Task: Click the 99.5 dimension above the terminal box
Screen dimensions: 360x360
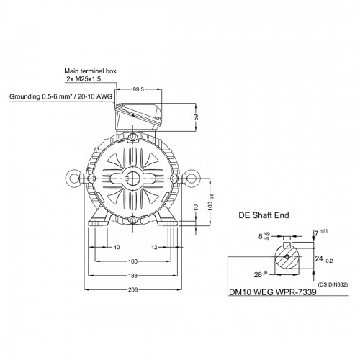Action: click(x=138, y=89)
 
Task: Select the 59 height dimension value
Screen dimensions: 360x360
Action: click(x=197, y=117)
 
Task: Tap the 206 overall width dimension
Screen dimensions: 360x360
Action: click(x=132, y=289)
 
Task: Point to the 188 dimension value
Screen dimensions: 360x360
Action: click(x=132, y=276)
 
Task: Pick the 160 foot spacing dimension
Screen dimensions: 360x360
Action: click(x=132, y=261)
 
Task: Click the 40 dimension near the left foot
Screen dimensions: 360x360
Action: click(x=117, y=247)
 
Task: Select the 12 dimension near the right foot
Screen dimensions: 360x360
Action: click(x=154, y=247)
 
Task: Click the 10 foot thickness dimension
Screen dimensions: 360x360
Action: click(x=196, y=207)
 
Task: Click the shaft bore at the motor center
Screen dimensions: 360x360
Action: click(x=132, y=178)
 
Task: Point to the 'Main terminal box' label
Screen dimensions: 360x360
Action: click(x=90, y=71)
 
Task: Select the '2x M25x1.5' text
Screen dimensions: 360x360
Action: click(x=84, y=78)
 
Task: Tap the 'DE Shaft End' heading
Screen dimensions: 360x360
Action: click(x=264, y=215)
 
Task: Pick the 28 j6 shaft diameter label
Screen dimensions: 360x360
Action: click(x=261, y=274)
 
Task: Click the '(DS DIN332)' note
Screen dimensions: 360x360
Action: click(x=333, y=284)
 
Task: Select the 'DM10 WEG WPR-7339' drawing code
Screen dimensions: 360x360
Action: click(x=273, y=292)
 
